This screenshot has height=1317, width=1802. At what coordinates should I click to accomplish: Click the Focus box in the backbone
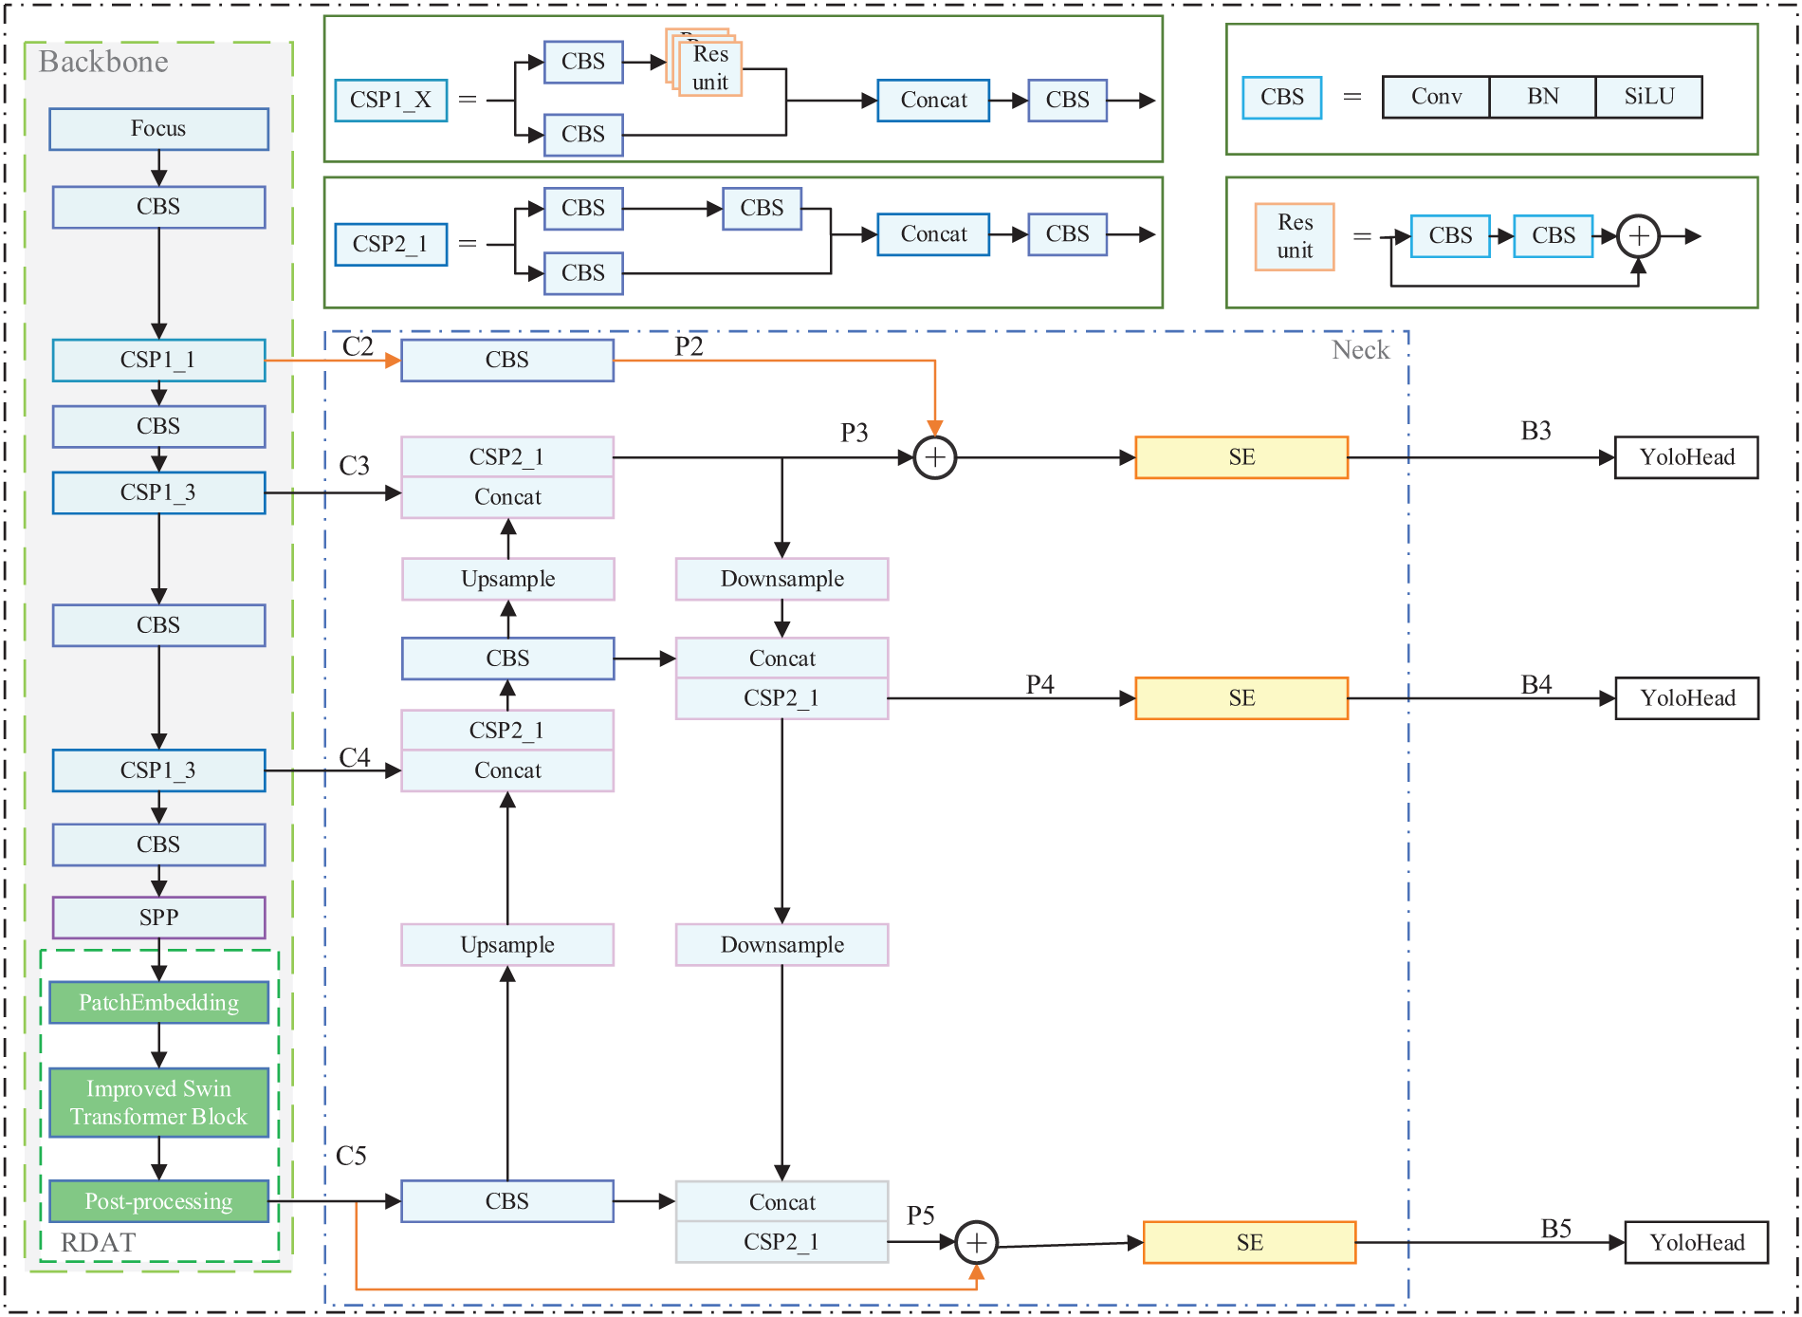pos(158,129)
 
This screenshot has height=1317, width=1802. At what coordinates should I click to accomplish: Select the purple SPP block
pos(158,918)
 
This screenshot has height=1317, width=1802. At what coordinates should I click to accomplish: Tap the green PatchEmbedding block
pos(158,1003)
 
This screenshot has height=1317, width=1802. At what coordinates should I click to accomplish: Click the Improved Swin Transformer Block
pos(158,1103)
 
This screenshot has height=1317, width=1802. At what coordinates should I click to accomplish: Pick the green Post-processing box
pos(158,1201)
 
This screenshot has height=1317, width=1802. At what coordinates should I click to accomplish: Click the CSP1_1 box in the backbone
pos(158,361)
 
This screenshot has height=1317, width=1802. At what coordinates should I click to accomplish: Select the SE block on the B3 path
pos(1241,457)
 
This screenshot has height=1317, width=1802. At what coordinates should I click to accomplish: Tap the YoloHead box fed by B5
pos(1696,1243)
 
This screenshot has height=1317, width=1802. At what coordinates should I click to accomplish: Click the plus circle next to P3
pos(934,457)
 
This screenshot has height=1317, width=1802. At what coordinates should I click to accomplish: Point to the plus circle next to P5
pos(976,1243)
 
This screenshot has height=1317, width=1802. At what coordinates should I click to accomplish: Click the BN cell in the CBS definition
pos(1542,97)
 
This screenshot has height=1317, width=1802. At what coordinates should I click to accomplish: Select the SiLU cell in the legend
pos(1648,97)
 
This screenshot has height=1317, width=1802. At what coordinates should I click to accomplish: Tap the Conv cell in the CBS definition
pos(1436,97)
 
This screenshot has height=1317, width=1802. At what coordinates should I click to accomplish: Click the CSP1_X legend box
pos(391,101)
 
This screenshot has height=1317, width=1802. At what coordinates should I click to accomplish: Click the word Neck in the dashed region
pos(1360,350)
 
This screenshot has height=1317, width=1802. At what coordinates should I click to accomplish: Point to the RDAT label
pos(98,1242)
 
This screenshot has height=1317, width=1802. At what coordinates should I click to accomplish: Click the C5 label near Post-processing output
pos(351,1156)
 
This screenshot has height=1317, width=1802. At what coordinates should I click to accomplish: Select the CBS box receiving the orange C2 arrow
pos(507,361)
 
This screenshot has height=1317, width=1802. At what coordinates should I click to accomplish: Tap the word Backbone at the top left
pos(103,63)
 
